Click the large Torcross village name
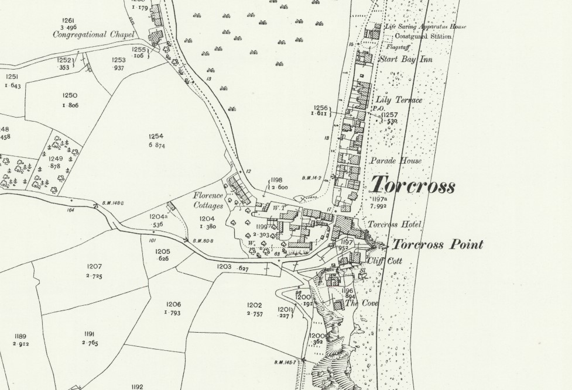[413, 185]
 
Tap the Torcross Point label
[437, 244]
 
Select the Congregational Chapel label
[94, 34]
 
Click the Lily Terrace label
[403, 101]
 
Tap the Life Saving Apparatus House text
[417, 27]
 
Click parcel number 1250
[70, 95]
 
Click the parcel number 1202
[254, 305]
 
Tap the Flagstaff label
[398, 47]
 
